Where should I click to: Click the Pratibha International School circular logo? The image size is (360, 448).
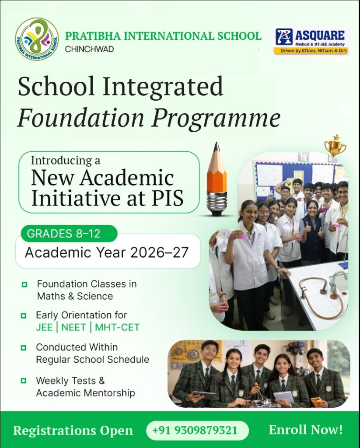[x=37, y=39]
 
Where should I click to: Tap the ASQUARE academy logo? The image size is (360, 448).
[x=310, y=41]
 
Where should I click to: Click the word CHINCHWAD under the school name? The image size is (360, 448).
[x=89, y=49]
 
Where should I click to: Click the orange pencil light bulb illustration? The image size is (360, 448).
[x=217, y=180]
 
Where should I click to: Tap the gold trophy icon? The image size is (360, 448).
[x=336, y=146]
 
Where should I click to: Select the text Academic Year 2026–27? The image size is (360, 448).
[x=107, y=252]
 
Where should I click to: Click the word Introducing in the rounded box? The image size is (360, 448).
[x=66, y=161]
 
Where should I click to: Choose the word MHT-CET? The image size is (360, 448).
[x=117, y=327]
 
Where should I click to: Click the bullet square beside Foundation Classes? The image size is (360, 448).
[x=24, y=285]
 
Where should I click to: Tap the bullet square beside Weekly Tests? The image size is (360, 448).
[x=24, y=381]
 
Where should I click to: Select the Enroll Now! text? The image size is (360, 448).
[x=305, y=430]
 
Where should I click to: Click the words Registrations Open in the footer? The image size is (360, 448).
[x=73, y=430]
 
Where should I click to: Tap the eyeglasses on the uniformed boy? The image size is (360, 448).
[x=210, y=350]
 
